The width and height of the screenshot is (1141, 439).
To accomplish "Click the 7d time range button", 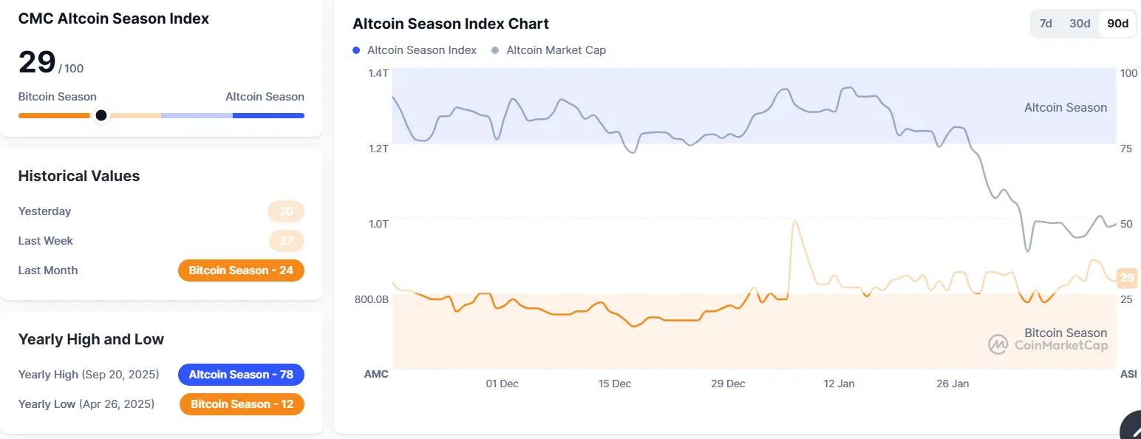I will (1046, 24).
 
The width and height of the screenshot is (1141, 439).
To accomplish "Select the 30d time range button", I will (1080, 24).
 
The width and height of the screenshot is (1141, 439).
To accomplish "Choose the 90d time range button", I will (1117, 24).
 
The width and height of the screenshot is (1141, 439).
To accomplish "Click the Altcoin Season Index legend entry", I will (415, 50).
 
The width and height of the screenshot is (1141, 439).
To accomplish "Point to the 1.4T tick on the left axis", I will (378, 73).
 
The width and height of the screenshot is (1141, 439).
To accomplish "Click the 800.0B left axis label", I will (372, 299).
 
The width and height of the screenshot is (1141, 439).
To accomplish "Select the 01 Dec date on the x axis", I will (502, 384).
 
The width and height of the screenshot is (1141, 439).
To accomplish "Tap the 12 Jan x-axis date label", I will (839, 384).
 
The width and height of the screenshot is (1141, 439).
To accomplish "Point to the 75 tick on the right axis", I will (1126, 149).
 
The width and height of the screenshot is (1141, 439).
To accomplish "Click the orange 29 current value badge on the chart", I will (1127, 279).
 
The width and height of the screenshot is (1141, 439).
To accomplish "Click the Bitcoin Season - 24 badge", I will (241, 270).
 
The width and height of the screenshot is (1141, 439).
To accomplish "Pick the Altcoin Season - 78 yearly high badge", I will (241, 375).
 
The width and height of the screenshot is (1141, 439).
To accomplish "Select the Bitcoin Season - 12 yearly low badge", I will (242, 404).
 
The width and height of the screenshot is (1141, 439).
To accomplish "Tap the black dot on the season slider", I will (101, 115).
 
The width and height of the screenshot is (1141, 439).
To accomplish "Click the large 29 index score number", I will (37, 62).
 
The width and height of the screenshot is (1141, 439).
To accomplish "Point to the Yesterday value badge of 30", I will (286, 211).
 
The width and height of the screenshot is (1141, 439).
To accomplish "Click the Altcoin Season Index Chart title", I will (451, 24).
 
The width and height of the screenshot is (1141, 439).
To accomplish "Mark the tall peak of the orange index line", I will (794, 221).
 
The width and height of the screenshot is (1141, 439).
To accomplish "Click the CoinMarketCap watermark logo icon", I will (998, 344).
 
